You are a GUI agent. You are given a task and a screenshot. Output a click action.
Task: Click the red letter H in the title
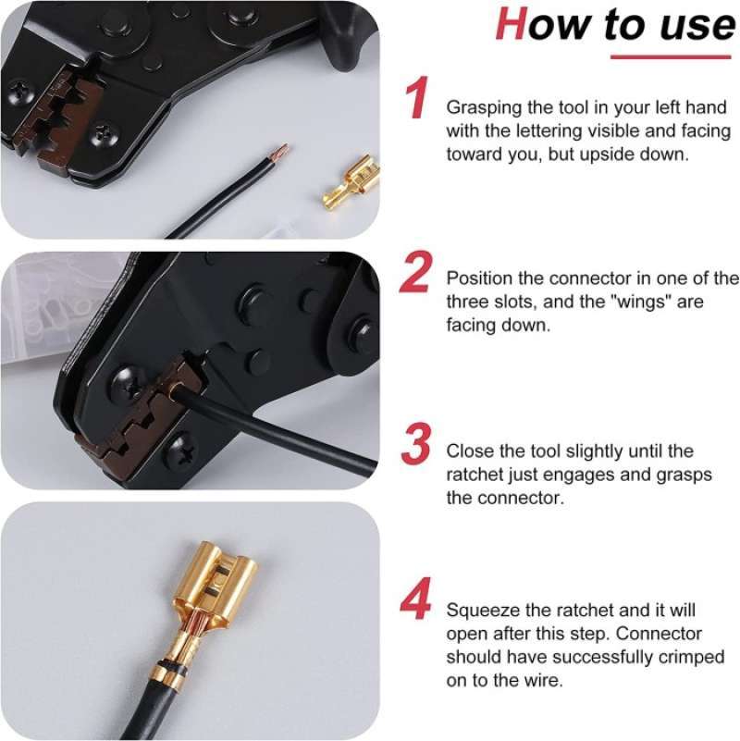click(512, 24)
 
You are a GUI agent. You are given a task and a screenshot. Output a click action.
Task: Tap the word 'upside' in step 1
click(586, 154)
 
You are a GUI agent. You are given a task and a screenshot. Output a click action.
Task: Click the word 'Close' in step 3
click(468, 451)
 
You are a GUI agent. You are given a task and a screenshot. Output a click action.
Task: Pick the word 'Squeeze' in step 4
click(480, 611)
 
